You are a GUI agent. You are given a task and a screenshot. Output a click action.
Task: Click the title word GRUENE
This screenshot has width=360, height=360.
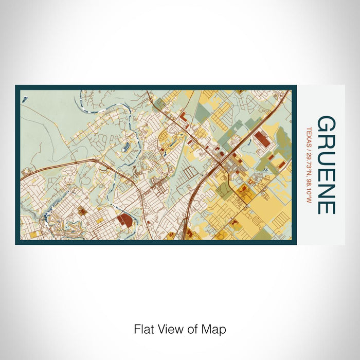(326, 165)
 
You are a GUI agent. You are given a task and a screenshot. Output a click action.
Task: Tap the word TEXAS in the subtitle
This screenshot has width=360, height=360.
(309, 135)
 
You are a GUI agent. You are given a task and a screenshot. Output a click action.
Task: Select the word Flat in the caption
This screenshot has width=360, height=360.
(145, 329)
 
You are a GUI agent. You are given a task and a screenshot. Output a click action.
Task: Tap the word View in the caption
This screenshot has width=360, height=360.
(170, 329)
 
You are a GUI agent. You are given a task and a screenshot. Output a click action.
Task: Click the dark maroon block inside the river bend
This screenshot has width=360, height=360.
(124, 221)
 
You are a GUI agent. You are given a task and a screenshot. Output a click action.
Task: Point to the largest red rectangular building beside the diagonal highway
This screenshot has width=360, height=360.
(261, 139)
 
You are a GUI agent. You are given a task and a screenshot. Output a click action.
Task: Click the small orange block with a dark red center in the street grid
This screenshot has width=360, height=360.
(81, 210)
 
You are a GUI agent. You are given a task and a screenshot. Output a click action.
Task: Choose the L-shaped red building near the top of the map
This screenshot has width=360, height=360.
(183, 119)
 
